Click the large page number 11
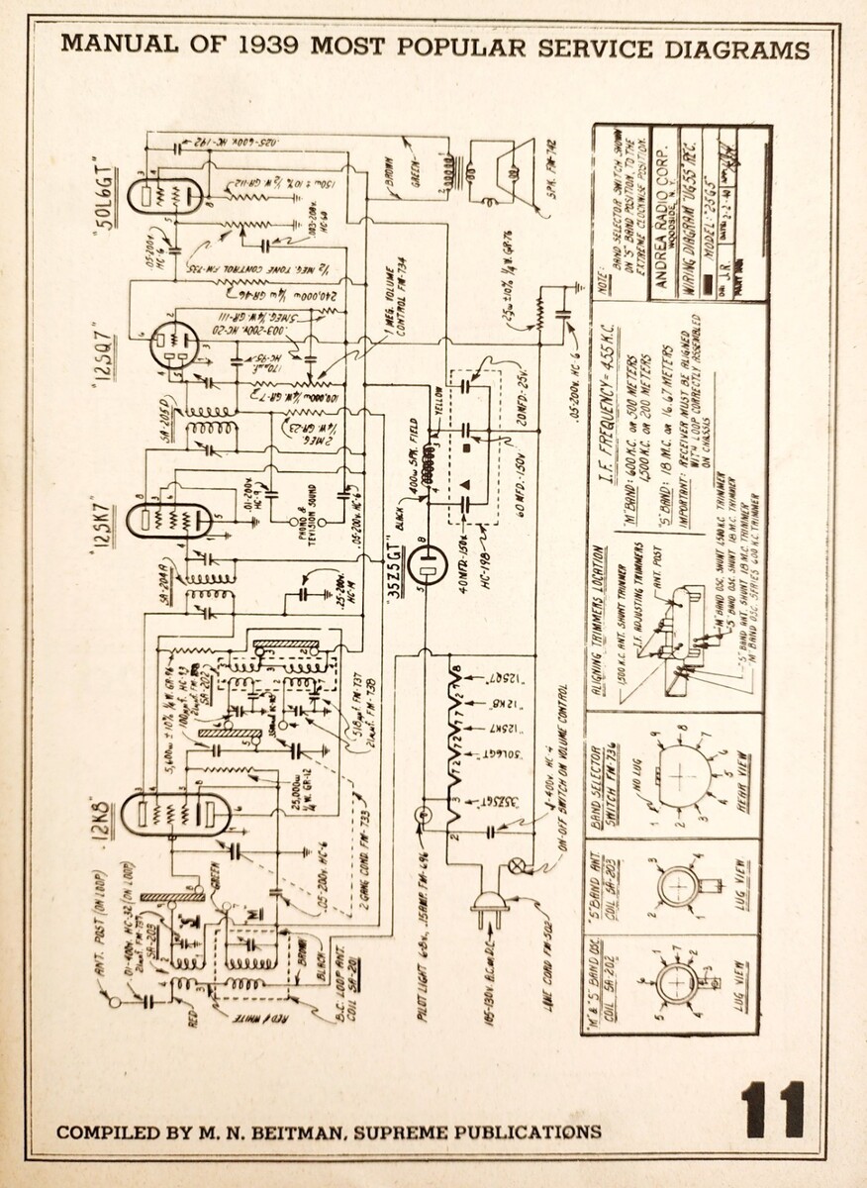tap(773, 1108)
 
